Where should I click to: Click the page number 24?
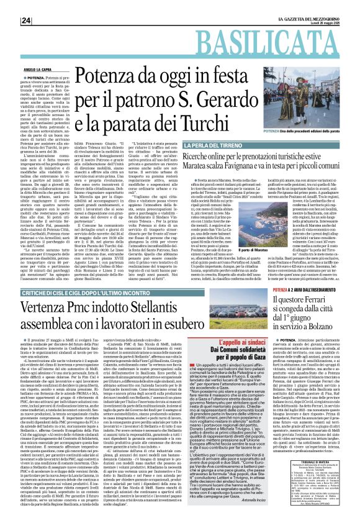pyautogui.click(x=10, y=6)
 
